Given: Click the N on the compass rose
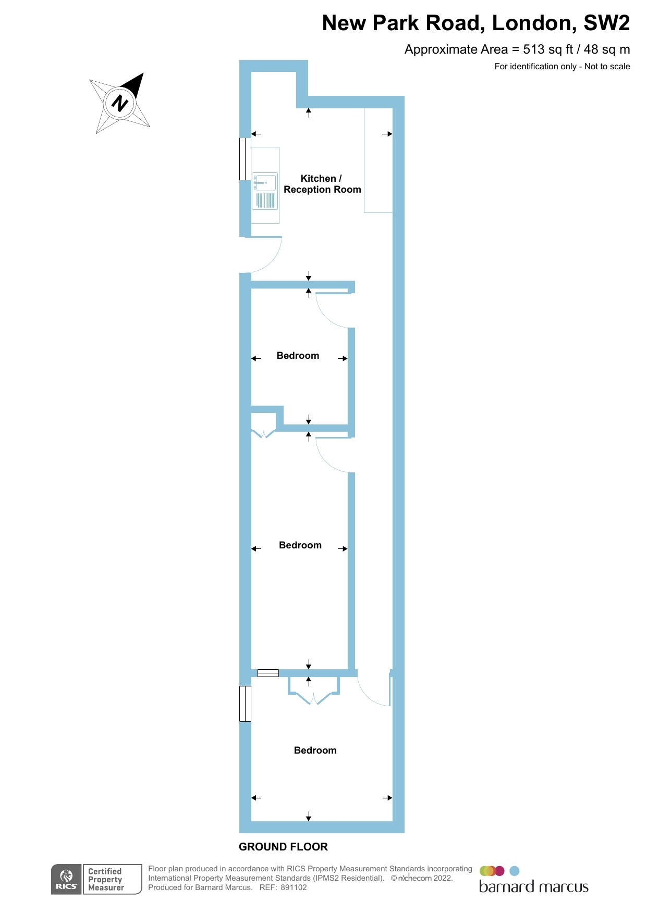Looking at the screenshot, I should pyautogui.click(x=120, y=103).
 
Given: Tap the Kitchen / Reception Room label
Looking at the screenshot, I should pyautogui.click(x=322, y=184).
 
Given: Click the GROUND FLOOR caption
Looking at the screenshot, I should pyautogui.click(x=283, y=847).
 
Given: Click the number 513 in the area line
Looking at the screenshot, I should pyautogui.click(x=533, y=49).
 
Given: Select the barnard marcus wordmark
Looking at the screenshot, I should pyautogui.click(x=533, y=887).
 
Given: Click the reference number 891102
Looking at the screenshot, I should pyautogui.click(x=294, y=887).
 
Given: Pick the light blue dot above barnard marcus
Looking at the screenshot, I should pyautogui.click(x=514, y=871).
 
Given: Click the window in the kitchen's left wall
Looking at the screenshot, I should pyautogui.click(x=245, y=159).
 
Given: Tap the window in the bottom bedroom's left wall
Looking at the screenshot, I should pyautogui.click(x=245, y=704).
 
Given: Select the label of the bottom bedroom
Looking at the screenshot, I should pyautogui.click(x=315, y=750).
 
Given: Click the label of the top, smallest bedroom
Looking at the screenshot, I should pyautogui.click(x=298, y=356).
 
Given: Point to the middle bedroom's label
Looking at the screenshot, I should pyautogui.click(x=300, y=545).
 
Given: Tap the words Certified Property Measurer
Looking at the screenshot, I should pyautogui.click(x=106, y=879).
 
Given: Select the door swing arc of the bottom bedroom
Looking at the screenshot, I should pyautogui.click(x=373, y=693).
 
